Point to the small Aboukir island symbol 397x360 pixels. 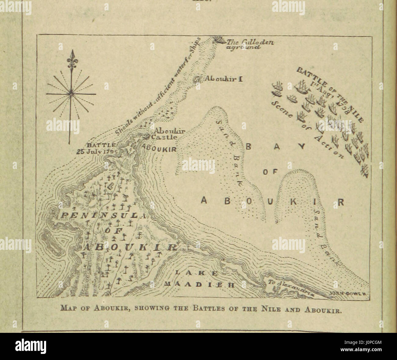coord(197,79)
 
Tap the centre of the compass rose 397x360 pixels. coord(71,91)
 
